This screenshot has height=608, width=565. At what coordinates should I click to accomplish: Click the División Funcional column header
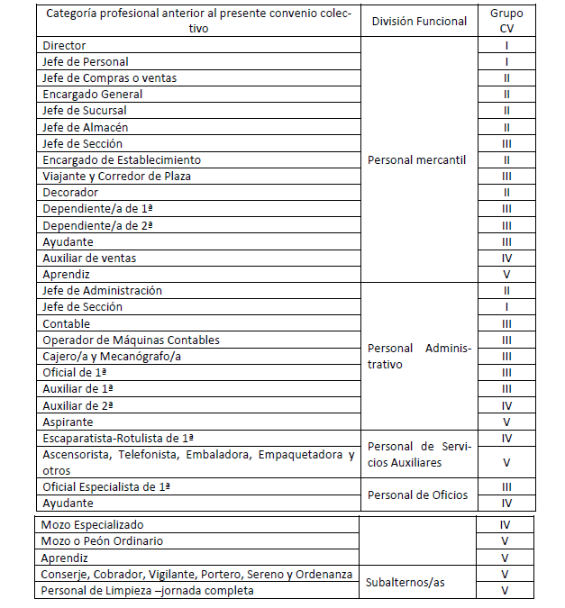[419, 21]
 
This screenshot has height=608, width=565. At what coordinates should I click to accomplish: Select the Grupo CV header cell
[506, 21]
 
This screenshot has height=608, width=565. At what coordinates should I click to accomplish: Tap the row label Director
[64, 45]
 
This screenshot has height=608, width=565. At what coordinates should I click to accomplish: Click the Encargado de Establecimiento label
[122, 159]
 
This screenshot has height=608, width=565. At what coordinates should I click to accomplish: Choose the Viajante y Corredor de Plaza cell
[116, 177]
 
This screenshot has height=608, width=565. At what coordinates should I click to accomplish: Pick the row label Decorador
[71, 193]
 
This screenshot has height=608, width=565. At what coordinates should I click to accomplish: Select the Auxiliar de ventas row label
[89, 259]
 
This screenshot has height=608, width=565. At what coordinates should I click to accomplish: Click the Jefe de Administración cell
[102, 291]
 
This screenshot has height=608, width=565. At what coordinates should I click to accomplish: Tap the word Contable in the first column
[66, 323]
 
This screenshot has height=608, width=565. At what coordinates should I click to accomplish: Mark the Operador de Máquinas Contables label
[131, 340]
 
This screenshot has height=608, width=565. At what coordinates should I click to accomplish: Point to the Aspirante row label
[68, 422]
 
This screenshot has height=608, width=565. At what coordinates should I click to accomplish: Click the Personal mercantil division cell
[416, 159]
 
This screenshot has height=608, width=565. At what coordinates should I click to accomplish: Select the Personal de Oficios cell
[417, 495]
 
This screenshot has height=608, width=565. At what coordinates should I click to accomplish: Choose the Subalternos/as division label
[406, 582]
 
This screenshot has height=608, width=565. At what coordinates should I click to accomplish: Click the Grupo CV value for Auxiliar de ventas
[506, 259]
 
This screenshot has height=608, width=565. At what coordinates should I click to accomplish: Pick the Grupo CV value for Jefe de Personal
[506, 62]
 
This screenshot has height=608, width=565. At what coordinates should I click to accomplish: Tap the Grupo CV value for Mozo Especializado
[506, 524]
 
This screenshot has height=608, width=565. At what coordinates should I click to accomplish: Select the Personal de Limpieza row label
[147, 591]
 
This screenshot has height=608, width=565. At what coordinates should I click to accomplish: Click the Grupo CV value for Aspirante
[506, 422]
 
